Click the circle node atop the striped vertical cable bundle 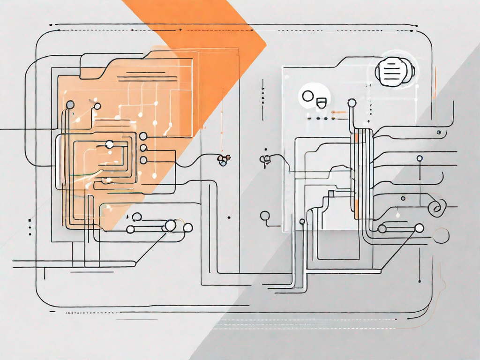pyautogui.click(x=351, y=102)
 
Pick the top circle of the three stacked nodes pyautogui.click(x=143, y=136)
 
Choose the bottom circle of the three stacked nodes pyautogui.click(x=143, y=160)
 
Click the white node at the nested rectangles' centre pyautogui.click(x=109, y=145)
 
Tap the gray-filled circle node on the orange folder pyautogui.click(x=70, y=105)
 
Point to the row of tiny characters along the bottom pyautogui.click(x=91, y=312)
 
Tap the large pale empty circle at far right pyautogui.click(x=441, y=235)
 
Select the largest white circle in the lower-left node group pyautogui.click(x=171, y=225)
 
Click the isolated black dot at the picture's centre pyautogui.click(x=228, y=217)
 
